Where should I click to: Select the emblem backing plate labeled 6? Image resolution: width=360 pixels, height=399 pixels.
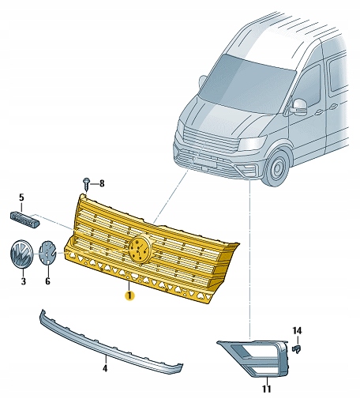[x=49, y=253]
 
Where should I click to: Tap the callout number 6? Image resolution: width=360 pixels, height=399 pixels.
[x=47, y=280]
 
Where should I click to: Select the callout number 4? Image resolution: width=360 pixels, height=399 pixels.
[x=104, y=368]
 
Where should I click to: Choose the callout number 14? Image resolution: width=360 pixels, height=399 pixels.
[x=297, y=329]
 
